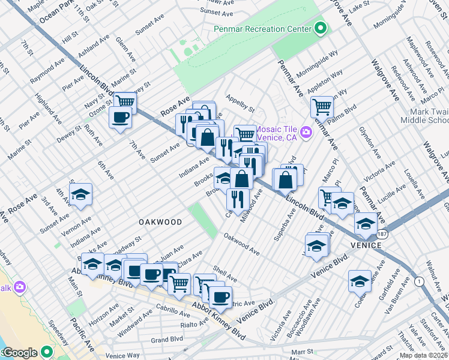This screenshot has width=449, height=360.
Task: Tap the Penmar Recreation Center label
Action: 263,29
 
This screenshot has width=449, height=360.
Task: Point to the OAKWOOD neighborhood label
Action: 160,222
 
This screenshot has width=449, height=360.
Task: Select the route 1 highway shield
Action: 418,281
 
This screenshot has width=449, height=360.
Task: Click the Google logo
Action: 20,352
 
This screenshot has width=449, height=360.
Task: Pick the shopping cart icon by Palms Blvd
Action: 322,106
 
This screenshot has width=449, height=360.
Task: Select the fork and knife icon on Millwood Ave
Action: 238,197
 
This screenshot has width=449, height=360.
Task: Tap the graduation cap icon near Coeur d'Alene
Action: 359,280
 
